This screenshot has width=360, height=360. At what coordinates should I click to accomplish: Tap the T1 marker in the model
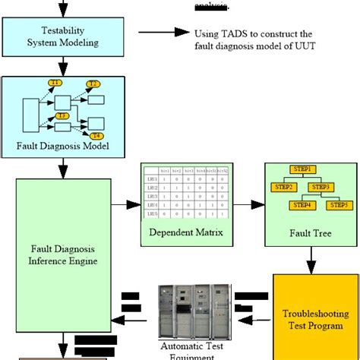pyautogui.click(x=55, y=81)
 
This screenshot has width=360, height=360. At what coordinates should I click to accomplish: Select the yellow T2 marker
pyautogui.click(x=93, y=83)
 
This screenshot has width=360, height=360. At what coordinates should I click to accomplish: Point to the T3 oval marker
pyautogui.click(x=63, y=115)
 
